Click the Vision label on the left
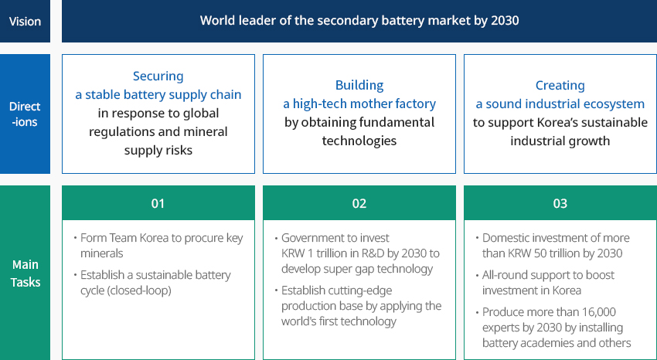(26, 22)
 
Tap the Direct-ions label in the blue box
(26, 114)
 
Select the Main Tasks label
(26, 273)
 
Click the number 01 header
(158, 203)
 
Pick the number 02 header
(359, 203)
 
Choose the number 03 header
(560, 203)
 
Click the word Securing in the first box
(158, 76)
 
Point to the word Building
(359, 86)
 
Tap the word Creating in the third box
(560, 86)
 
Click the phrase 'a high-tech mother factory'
(359, 104)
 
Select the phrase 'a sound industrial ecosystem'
(560, 104)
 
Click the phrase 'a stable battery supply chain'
(158, 94)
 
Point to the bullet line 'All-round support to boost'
(548, 275)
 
